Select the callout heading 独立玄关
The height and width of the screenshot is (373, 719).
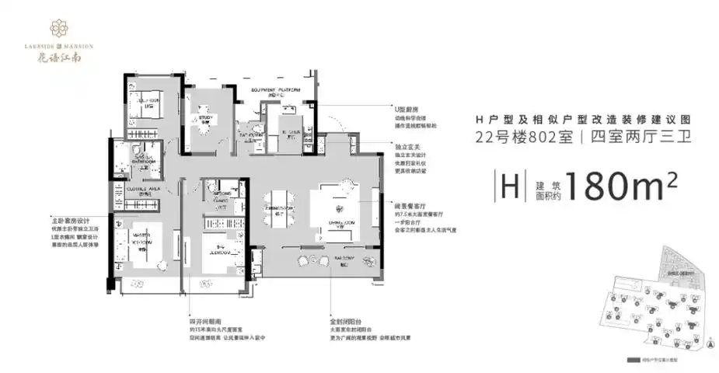tap(405, 145)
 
